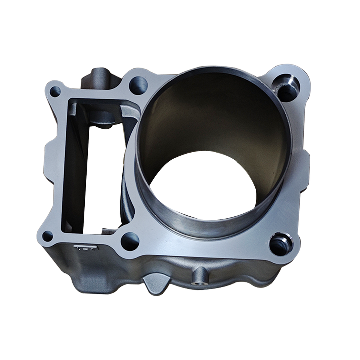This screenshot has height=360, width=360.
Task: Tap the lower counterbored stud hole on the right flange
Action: coord(280,245)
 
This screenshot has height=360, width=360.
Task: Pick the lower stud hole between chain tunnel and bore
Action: coord(130,241)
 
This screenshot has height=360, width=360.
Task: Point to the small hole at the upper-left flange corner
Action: coord(55,91)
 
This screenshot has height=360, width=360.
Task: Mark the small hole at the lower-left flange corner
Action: coord(47,236)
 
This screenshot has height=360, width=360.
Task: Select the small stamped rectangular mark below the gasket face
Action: coord(86,247)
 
